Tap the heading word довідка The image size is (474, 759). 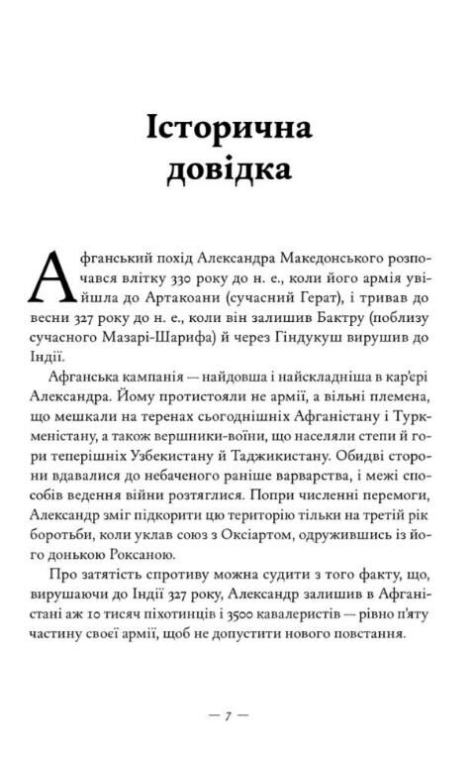(x=237, y=171)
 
